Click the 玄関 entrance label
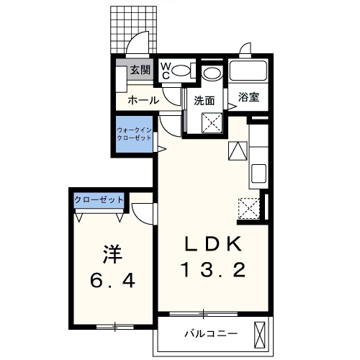140,70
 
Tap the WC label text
165,71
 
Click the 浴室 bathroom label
248,97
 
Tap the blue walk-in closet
134,135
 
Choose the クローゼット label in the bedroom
100,199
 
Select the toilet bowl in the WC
181,71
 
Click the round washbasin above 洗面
212,73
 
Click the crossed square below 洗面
212,123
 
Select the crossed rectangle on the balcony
261,334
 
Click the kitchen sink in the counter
258,174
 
